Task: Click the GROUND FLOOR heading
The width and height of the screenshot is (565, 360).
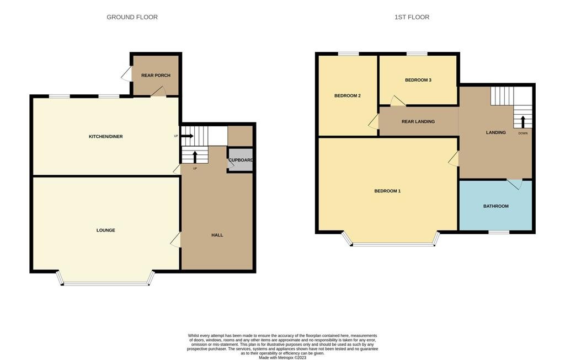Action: [132, 17]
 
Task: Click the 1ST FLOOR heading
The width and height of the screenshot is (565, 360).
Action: [412, 17]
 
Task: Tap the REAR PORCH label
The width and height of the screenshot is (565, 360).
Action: [156, 75]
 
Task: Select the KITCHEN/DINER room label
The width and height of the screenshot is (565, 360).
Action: [105, 136]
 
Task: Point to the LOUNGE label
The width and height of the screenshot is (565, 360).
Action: [105, 230]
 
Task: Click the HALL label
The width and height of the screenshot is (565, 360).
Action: [217, 235]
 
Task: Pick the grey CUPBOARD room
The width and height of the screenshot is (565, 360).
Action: [241, 160]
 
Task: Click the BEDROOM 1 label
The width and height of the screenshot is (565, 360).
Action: [387, 191]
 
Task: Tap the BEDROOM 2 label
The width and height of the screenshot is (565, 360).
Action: [348, 96]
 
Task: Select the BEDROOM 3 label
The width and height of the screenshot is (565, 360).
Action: [418, 80]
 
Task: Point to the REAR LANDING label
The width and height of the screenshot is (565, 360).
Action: [418, 122]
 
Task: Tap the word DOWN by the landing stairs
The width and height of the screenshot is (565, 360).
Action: [523, 133]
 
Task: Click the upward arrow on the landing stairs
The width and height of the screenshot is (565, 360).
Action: [523, 122]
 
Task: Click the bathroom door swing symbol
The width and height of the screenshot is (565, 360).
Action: [515, 183]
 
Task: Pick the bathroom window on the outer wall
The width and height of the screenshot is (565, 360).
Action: [499, 232]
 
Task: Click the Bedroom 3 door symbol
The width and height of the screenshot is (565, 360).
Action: [397, 101]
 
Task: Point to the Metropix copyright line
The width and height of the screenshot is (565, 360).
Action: [282, 358]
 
